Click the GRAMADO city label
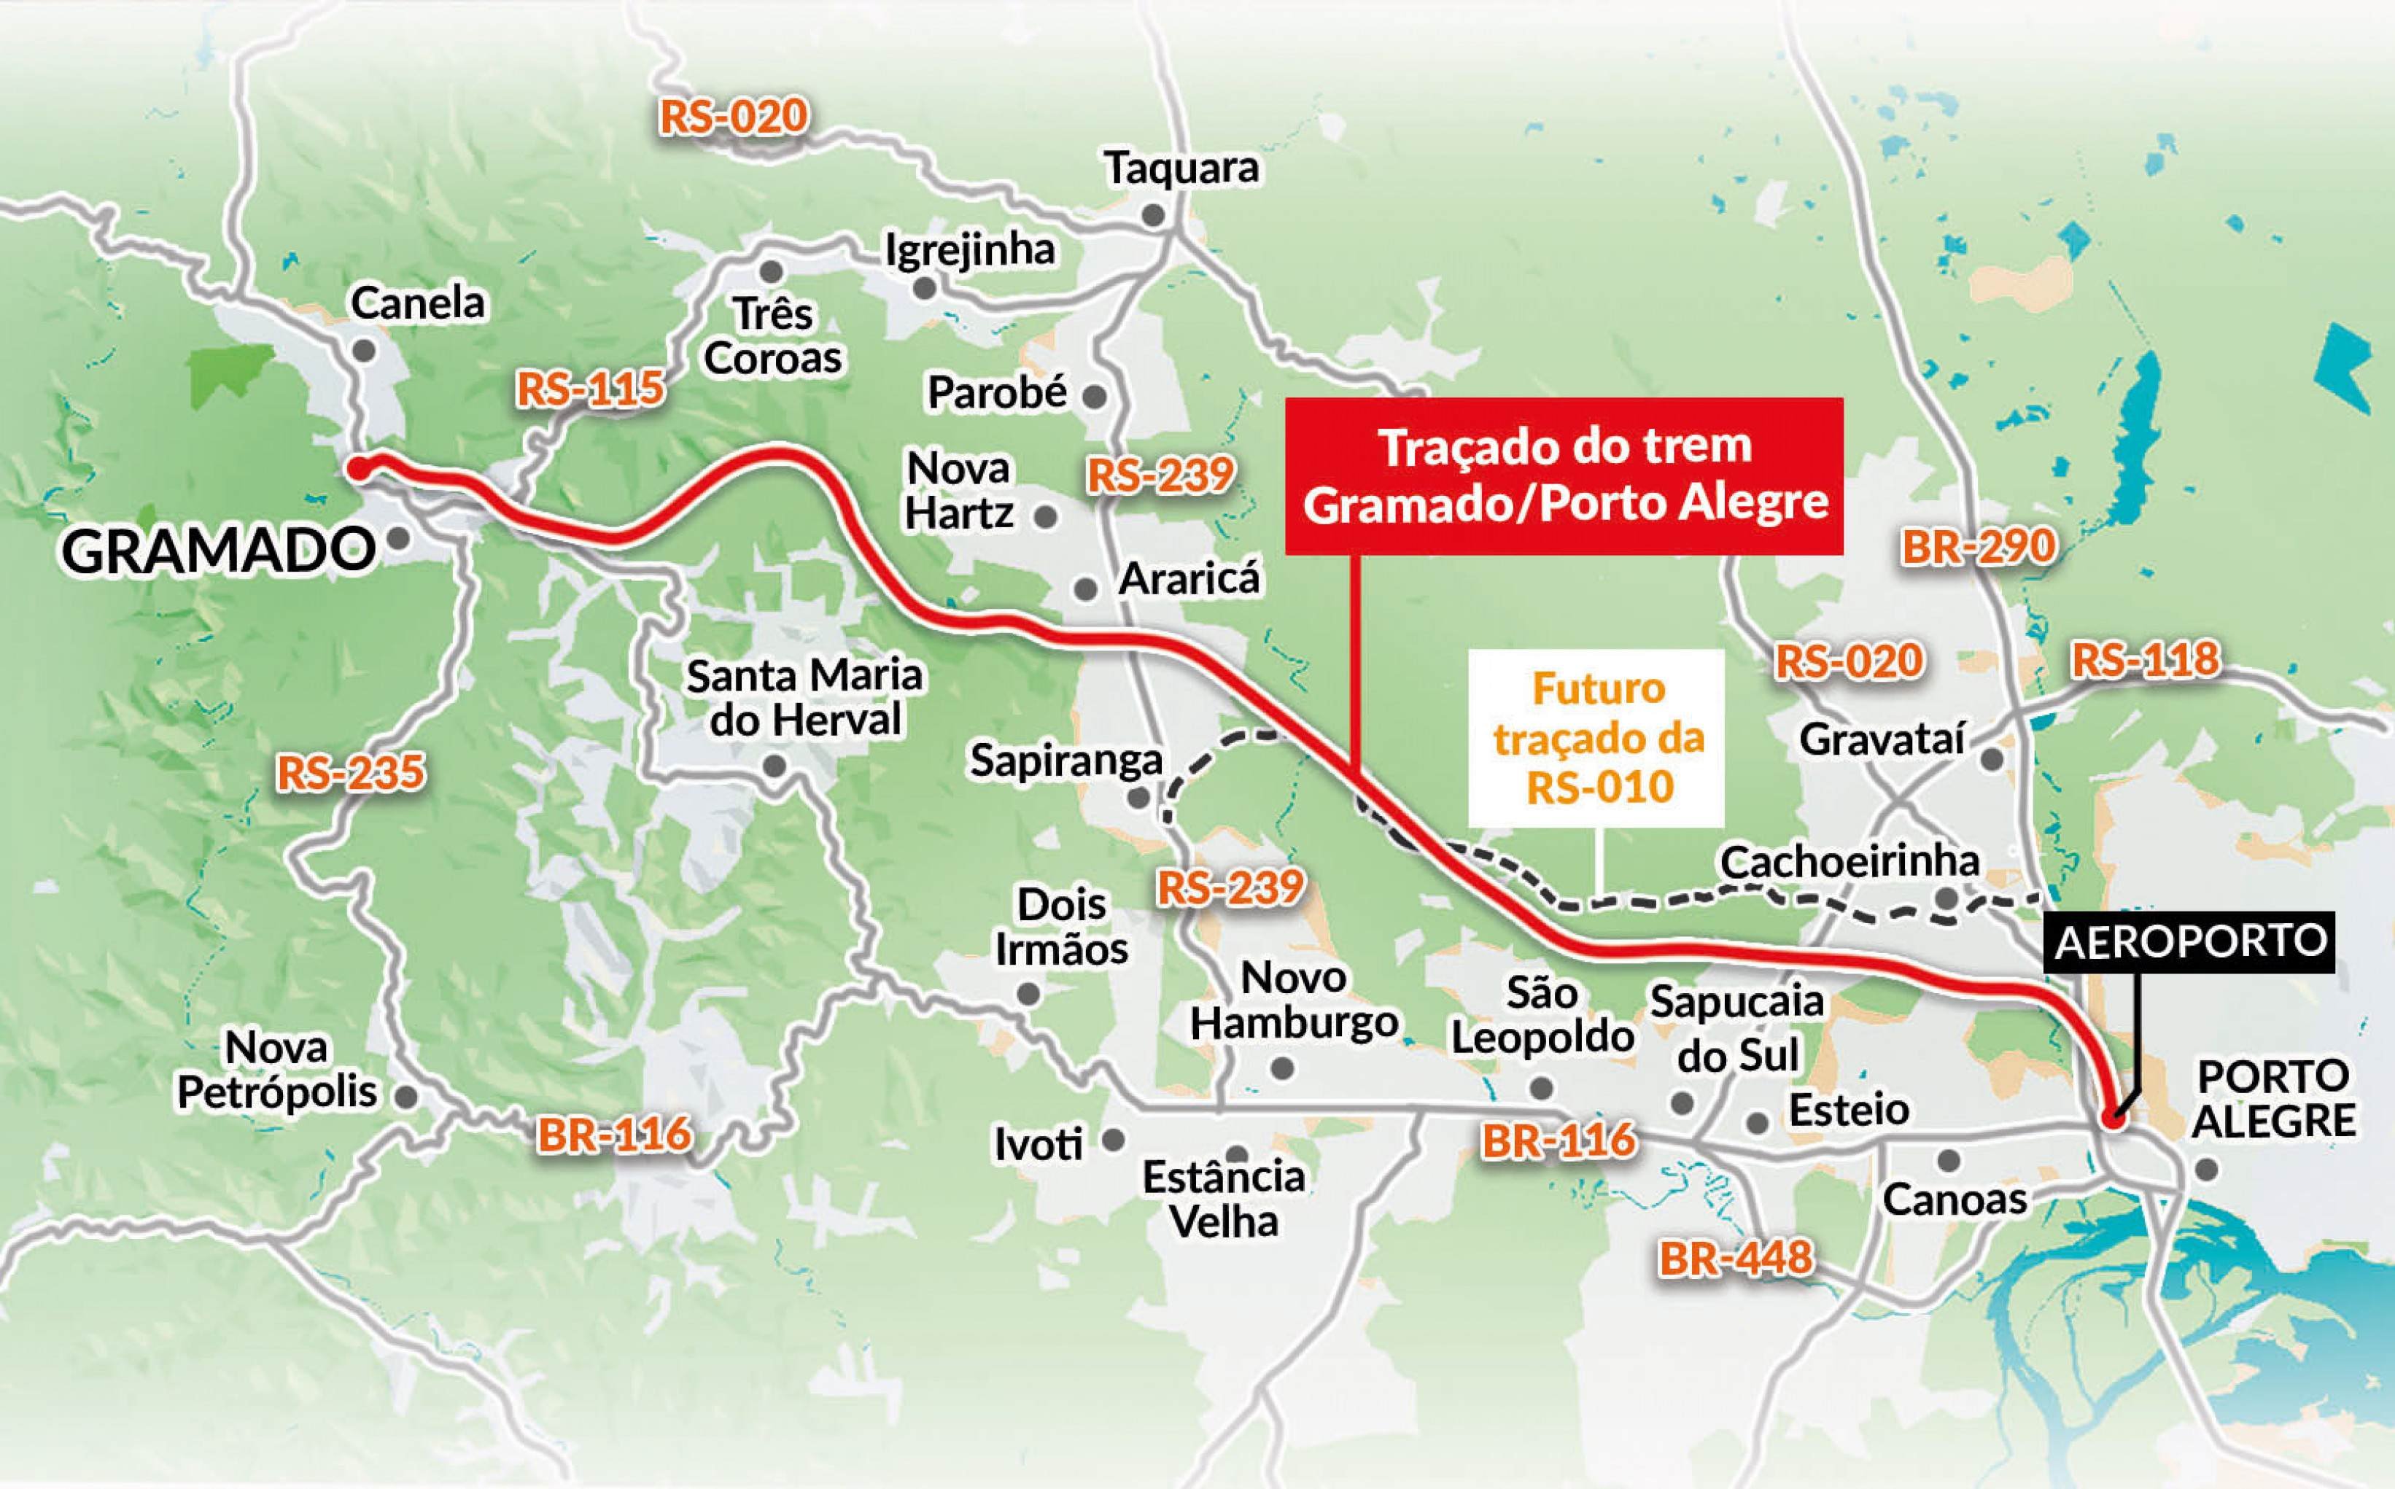(x=217, y=551)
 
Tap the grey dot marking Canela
(x=363, y=349)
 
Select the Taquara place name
(x=1181, y=168)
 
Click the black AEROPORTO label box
(x=2191, y=941)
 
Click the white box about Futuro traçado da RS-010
(x=1596, y=738)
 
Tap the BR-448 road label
(x=1735, y=1258)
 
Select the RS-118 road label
(x=2146, y=659)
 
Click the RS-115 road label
(x=590, y=389)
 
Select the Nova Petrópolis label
(x=276, y=1070)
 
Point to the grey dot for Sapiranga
(x=1138, y=798)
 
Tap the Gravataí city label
(x=1882, y=739)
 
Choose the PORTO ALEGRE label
(x=2274, y=1099)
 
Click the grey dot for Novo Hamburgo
(x=1283, y=1068)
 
